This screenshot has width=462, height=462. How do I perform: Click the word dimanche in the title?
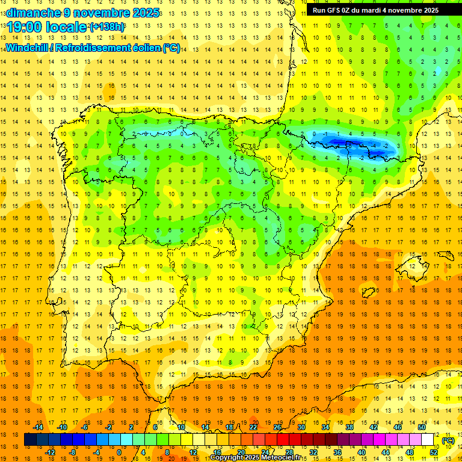pyautogui.click(x=33, y=13)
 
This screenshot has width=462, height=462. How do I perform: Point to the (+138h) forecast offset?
pyautogui.click(x=107, y=27)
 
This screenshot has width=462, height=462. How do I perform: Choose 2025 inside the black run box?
pyautogui.click(x=429, y=10)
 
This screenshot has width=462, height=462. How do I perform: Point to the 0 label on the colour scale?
pyautogui.click(x=119, y=452)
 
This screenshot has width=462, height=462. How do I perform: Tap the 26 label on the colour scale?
pyautogui.click(x=277, y=427)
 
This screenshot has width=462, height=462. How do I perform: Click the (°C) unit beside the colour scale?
pyautogui.click(x=448, y=440)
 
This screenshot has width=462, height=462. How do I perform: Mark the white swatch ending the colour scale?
pyautogui.click(x=428, y=440)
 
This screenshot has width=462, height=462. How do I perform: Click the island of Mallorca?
pyautogui.click(x=416, y=264)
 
